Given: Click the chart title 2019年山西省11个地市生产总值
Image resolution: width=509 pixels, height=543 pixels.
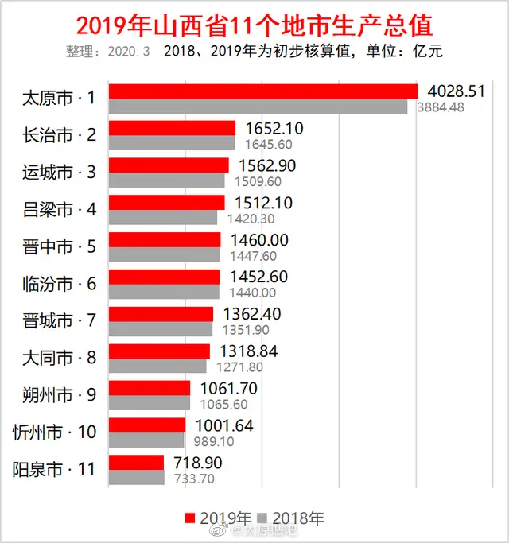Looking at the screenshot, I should click(x=254, y=25).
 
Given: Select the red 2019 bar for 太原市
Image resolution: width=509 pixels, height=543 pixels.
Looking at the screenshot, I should click(x=262, y=91).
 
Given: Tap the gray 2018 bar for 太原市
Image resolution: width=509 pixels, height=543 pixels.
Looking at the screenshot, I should click(x=258, y=107).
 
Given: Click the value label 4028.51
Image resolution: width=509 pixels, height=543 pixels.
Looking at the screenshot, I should click(x=455, y=91).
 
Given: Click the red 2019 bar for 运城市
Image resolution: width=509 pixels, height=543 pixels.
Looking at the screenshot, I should click(x=169, y=165).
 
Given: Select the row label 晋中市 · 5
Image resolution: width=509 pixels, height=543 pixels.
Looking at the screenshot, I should click(x=60, y=246).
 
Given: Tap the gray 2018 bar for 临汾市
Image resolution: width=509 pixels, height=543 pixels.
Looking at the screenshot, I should click(x=164, y=292).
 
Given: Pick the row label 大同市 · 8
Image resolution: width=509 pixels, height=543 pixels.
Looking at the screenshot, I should click(x=60, y=358).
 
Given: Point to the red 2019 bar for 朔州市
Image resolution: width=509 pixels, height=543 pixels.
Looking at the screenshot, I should click(x=150, y=387).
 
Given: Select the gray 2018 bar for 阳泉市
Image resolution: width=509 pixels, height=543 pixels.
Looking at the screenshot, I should click(x=136, y=478).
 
